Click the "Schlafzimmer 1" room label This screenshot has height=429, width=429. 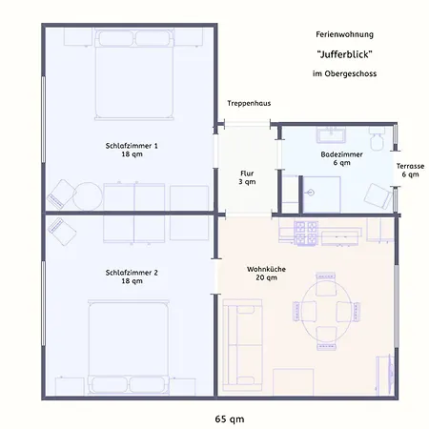tap(132, 146)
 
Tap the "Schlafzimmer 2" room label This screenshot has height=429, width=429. tap(132, 273)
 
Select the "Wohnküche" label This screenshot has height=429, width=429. tap(266, 269)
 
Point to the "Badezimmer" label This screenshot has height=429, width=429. tap(341, 154)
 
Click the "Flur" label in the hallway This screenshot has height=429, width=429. tap(247, 174)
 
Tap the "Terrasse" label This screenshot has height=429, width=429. tap(410, 166)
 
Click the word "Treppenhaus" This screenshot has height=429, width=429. tap(249, 103)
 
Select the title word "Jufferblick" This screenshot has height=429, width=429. tap(344, 54)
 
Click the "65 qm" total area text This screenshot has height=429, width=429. tap(230, 419)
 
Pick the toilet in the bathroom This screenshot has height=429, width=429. tap(377, 138)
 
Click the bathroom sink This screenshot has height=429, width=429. tap(331, 135)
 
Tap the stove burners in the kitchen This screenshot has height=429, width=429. tap(306, 234)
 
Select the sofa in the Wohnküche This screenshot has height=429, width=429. tap(242, 345)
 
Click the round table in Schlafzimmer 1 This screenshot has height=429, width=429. tap(88, 196)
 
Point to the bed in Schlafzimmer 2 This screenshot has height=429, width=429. tap(129, 347)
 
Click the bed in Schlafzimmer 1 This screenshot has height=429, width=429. tap(134, 74)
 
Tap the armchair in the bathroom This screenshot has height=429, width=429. tap(378, 196)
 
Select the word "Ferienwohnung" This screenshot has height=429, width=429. tap(344, 34)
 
